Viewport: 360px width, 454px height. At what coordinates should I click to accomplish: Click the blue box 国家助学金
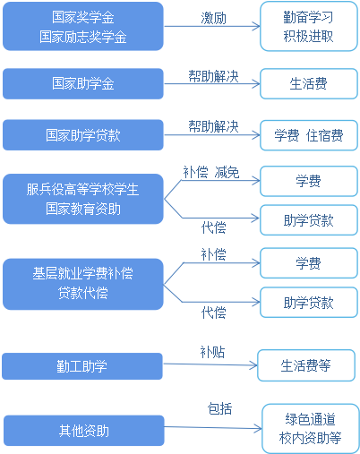[x=83, y=83]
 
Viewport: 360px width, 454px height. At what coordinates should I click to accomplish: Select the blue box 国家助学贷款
[x=83, y=135]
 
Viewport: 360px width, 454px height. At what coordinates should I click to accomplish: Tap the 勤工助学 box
[x=82, y=366]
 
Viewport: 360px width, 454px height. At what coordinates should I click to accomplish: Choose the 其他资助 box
[x=84, y=431]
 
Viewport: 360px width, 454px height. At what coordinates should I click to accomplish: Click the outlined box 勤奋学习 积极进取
[x=309, y=26]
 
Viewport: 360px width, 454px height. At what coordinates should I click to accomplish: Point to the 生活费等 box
[x=306, y=365]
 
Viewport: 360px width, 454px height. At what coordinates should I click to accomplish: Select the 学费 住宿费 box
[x=309, y=135]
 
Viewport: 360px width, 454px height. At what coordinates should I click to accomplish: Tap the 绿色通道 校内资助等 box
[x=311, y=428]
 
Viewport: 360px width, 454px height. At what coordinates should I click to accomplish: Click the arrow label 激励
[x=213, y=18]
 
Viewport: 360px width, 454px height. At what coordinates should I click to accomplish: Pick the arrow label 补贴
[x=212, y=352]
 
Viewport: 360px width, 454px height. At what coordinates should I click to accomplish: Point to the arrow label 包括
[x=219, y=408]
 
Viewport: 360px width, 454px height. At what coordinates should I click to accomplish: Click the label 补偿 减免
[x=211, y=173]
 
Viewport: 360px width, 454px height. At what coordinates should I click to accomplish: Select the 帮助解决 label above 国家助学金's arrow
[x=213, y=76]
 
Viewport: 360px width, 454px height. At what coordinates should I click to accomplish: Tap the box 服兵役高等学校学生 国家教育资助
[x=83, y=199]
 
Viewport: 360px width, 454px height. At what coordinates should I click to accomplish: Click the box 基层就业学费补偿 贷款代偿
[x=83, y=284]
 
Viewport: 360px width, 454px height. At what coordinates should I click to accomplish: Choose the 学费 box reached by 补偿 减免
[x=309, y=181]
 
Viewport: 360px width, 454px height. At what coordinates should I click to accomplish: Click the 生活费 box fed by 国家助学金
[x=309, y=83]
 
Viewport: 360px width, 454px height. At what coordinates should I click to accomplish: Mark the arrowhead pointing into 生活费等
[x=254, y=365]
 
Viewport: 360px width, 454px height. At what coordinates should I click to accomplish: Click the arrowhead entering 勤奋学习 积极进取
[x=257, y=26]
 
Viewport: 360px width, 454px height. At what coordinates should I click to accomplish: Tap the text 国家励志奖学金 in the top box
[x=83, y=37]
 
